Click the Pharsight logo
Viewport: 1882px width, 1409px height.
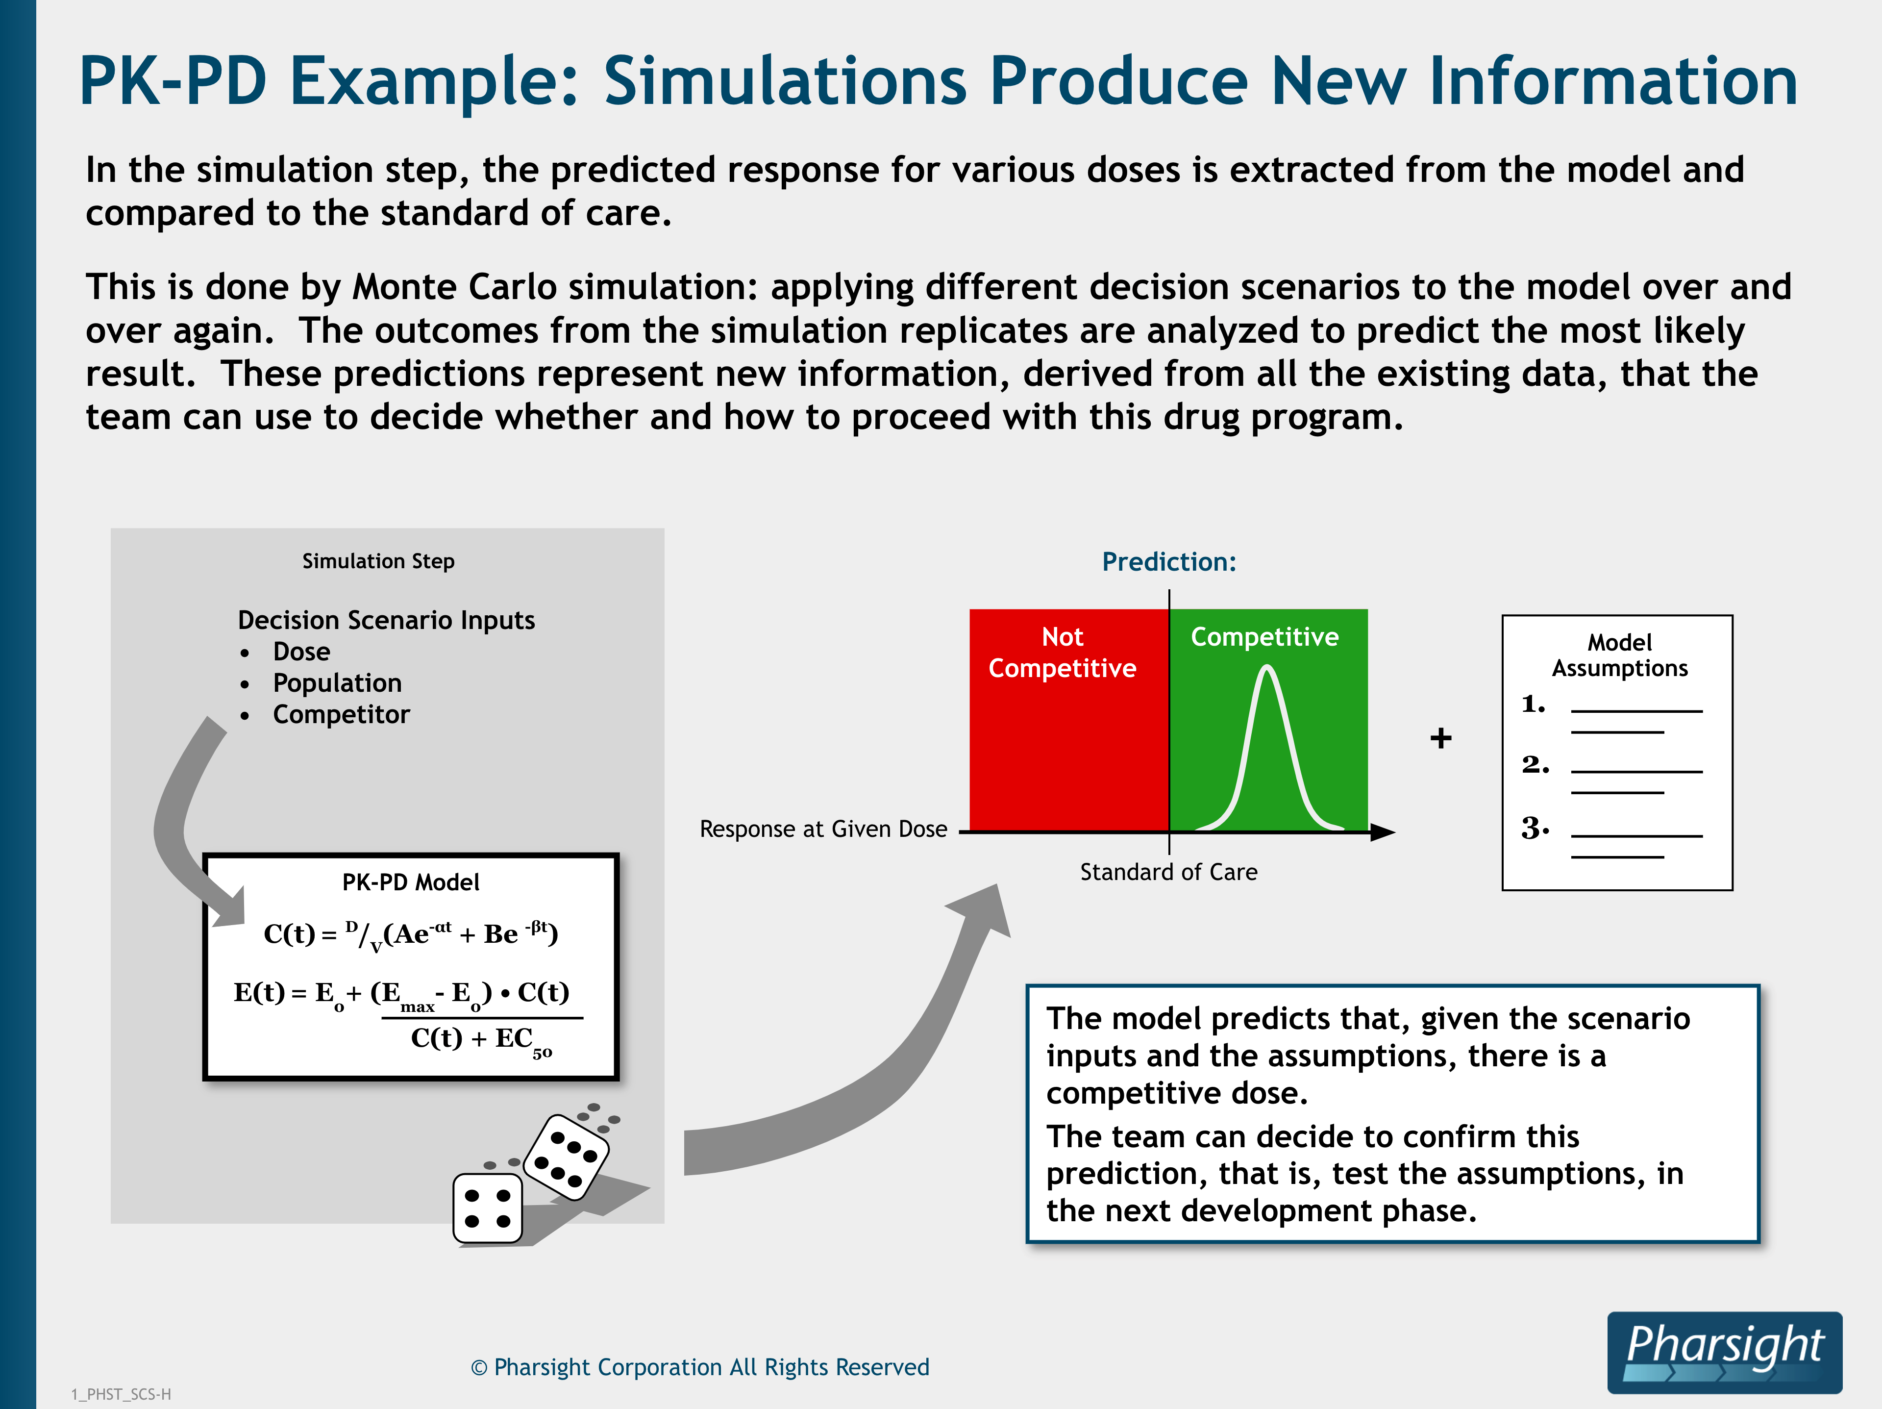tap(1725, 1352)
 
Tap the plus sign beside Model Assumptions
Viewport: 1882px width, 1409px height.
tap(1440, 738)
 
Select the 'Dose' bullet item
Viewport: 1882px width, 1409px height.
tap(301, 652)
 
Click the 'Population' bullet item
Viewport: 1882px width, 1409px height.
tap(337, 683)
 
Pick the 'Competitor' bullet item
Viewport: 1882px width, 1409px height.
tap(341, 715)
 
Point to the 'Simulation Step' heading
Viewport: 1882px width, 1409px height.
tap(379, 561)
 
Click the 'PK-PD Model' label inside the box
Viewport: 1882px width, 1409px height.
tap(411, 882)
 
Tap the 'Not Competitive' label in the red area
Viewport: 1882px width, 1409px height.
tap(1063, 653)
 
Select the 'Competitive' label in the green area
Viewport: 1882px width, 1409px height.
tap(1265, 637)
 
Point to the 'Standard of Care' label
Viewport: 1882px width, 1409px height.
tap(1169, 872)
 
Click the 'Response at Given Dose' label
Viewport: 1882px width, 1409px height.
tap(823, 830)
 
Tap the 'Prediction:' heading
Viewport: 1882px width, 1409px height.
tap(1169, 561)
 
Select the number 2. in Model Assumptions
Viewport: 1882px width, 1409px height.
tap(1535, 764)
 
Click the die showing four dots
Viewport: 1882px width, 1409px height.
tap(488, 1208)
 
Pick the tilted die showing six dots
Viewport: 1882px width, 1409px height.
tap(566, 1157)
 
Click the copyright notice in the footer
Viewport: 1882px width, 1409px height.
tap(699, 1367)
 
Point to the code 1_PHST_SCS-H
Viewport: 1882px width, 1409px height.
tap(121, 1394)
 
